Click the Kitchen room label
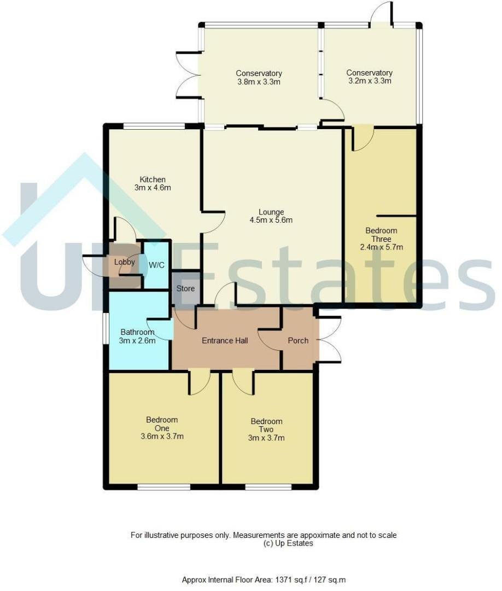[x=153, y=179]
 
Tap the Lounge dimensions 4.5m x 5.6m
[x=271, y=220]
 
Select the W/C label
[x=156, y=265]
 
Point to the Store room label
[x=186, y=288]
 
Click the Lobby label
[x=125, y=262]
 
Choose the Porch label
[x=298, y=340]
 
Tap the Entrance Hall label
[x=225, y=341]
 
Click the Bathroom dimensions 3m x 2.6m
[x=137, y=341]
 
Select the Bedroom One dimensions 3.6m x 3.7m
[x=162, y=437]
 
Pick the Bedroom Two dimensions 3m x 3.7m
[x=266, y=438]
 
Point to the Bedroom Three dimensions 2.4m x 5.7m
[x=382, y=247]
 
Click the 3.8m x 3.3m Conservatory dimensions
[x=259, y=82]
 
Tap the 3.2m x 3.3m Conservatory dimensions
[x=370, y=80]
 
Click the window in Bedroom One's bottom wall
[x=164, y=488]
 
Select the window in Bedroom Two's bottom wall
[x=268, y=488]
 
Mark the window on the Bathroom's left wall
[x=106, y=328]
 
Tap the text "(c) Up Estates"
[x=288, y=543]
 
